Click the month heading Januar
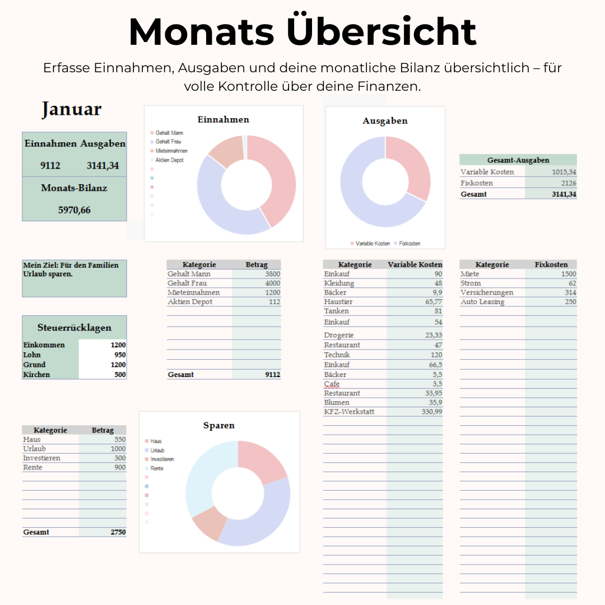click(x=71, y=109)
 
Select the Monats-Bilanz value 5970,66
click(x=74, y=211)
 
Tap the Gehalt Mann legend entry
click(x=169, y=133)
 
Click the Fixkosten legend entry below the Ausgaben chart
click(x=409, y=244)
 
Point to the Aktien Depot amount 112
click(x=274, y=302)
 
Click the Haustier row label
click(x=338, y=302)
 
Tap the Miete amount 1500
click(x=568, y=274)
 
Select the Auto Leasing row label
click(x=482, y=302)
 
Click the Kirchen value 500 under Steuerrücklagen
click(x=120, y=375)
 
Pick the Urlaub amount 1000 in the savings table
click(x=118, y=449)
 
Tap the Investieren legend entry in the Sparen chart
click(x=162, y=459)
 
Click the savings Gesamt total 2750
click(x=118, y=532)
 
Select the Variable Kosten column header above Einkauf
click(x=415, y=264)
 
